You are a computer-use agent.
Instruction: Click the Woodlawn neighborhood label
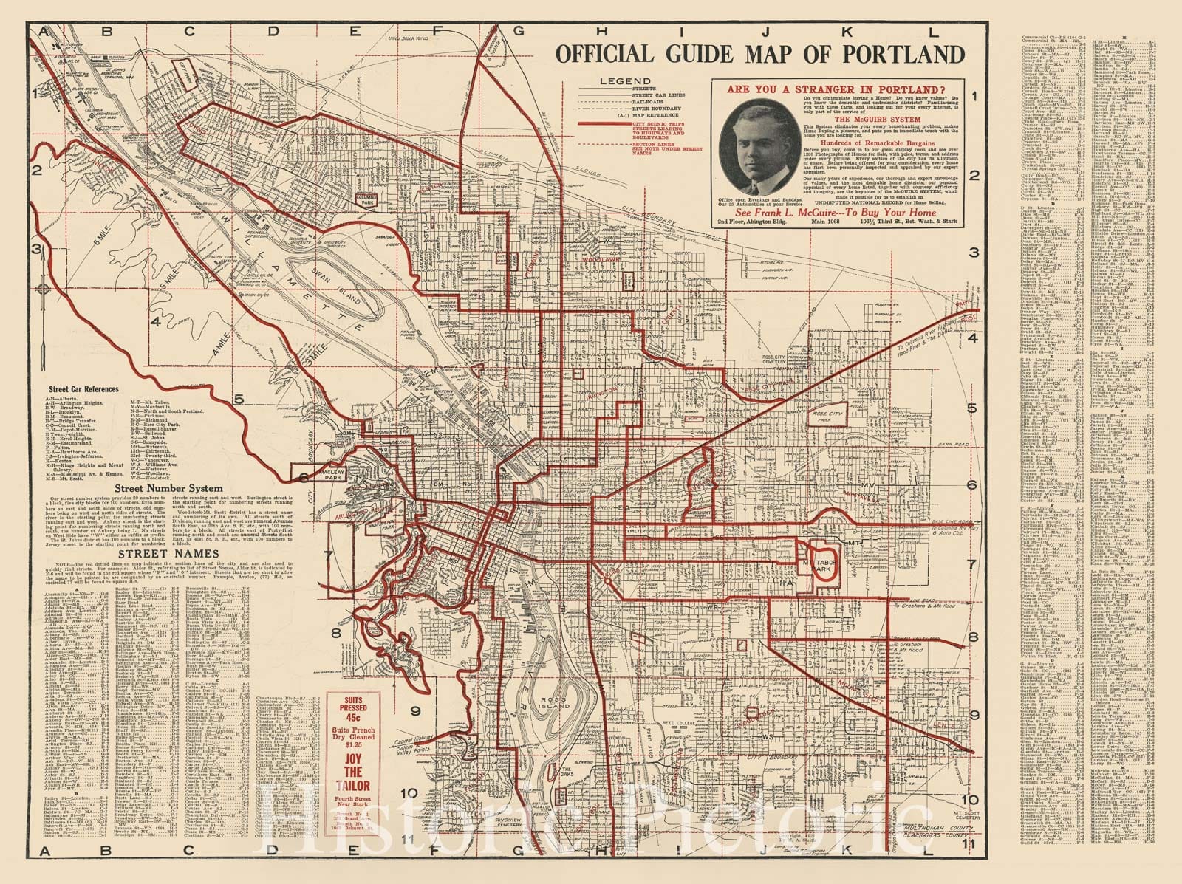pyautogui.click(x=597, y=260)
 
